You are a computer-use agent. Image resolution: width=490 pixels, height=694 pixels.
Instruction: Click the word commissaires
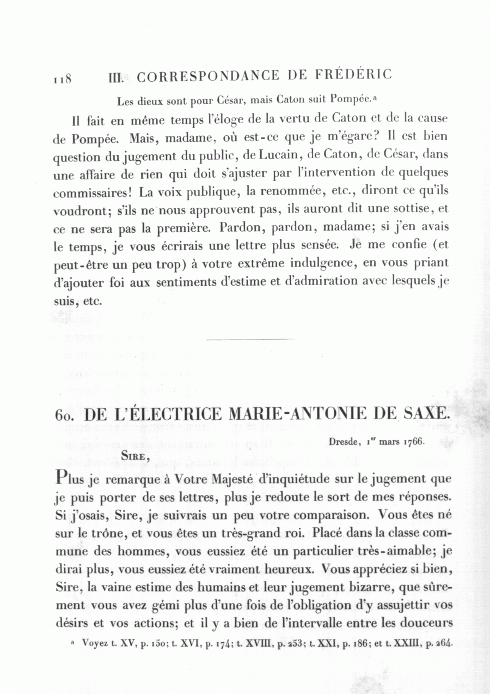tap(93, 192)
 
